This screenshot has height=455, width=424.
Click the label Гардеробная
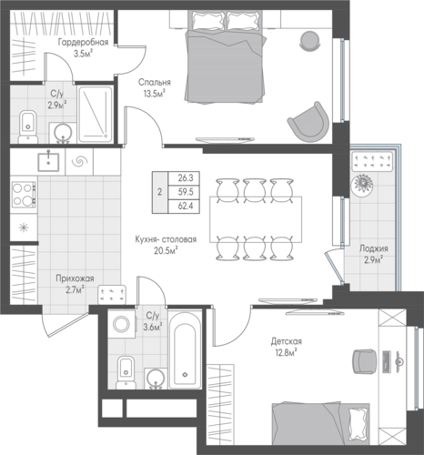(x=83, y=42)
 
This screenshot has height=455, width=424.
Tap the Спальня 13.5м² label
(x=155, y=88)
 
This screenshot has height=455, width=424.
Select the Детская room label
(x=287, y=341)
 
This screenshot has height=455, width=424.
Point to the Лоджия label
(x=374, y=248)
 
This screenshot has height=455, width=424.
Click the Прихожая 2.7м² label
(x=75, y=284)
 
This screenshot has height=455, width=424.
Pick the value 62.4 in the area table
(x=186, y=207)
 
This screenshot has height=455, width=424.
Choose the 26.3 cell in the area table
(x=186, y=177)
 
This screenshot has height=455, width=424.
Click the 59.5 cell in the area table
(x=186, y=192)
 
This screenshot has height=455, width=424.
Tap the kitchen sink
(x=48, y=162)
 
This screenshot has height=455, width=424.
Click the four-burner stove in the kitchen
(x=24, y=194)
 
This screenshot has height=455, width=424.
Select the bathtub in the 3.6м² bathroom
(x=185, y=349)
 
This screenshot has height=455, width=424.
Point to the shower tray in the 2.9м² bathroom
(x=96, y=115)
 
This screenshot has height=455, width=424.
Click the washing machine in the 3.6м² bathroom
(x=122, y=324)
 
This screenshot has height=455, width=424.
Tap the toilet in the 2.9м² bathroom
(x=28, y=127)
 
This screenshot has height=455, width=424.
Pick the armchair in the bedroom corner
(x=308, y=121)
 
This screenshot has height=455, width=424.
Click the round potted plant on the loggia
(x=362, y=185)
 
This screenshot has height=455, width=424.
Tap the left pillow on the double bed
(x=207, y=21)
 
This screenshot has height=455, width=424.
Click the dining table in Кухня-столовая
(x=256, y=219)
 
